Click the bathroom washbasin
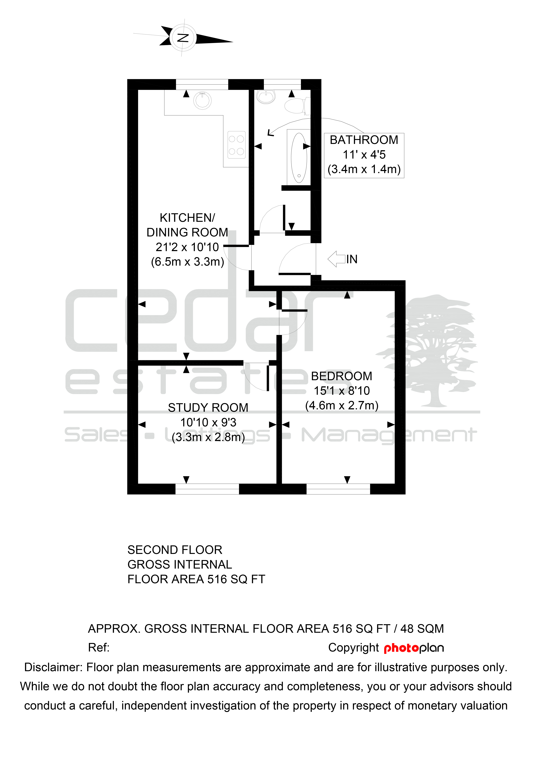pyautogui.click(x=266, y=97)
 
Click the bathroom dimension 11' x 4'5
pyautogui.click(x=364, y=155)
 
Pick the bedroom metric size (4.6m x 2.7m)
pyautogui.click(x=342, y=406)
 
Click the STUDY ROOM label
pyautogui.click(x=208, y=408)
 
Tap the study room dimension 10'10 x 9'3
pyautogui.click(x=208, y=422)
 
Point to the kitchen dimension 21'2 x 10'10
pyautogui.click(x=187, y=247)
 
